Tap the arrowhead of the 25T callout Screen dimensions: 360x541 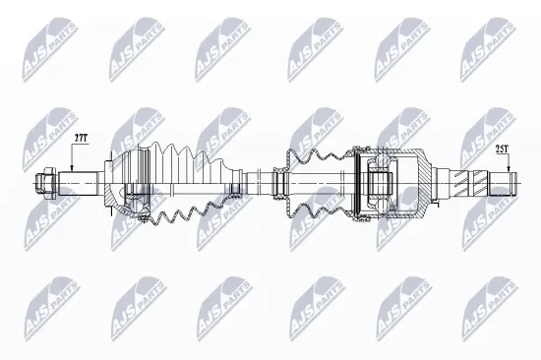coord(508,168)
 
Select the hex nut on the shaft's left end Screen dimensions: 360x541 coord(45,182)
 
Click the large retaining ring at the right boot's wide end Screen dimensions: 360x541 coord(355,182)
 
